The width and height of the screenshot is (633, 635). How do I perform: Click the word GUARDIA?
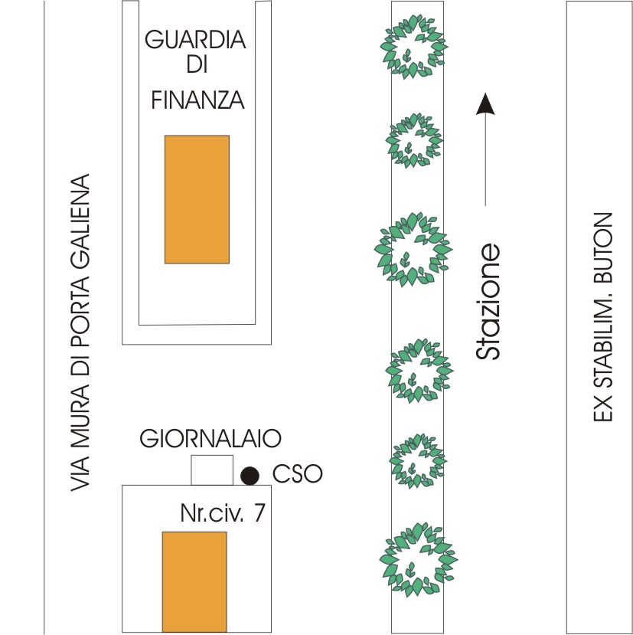tap(197, 39)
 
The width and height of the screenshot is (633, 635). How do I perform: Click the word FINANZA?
tap(197, 100)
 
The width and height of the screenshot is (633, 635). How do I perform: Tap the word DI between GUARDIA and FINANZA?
tap(197, 68)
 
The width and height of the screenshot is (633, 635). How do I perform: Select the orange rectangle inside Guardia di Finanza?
tap(197, 199)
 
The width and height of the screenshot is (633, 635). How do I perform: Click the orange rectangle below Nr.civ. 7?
tap(194, 581)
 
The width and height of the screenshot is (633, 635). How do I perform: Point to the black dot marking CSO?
tap(248, 476)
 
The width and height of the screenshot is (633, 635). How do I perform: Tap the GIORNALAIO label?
tap(210, 439)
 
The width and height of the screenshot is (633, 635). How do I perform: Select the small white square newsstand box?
tap(211, 470)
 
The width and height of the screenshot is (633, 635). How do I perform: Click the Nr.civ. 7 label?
tap(223, 513)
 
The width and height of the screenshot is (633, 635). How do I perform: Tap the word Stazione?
tap(488, 303)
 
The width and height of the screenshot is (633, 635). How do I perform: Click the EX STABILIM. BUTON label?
tap(603, 316)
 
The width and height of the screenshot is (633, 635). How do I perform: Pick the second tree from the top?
tap(414, 140)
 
